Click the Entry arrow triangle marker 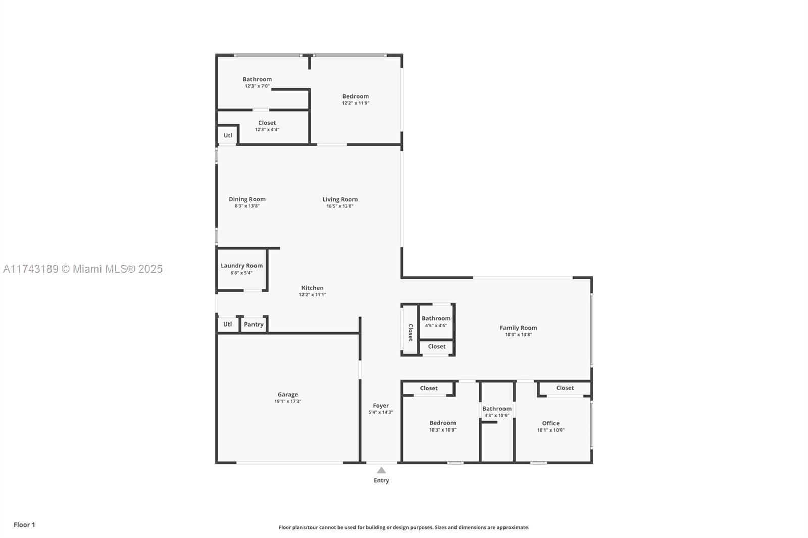381,470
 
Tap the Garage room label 288,395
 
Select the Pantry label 254,324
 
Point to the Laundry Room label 242,266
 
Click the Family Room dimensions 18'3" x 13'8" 518,334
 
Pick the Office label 551,423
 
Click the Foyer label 381,406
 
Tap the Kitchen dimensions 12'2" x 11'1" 313,295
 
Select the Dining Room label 247,199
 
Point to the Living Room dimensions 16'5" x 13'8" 340,206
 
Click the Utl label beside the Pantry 228,324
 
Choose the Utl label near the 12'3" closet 228,136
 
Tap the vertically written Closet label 410,332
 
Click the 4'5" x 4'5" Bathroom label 436,318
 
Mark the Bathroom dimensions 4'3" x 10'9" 497,415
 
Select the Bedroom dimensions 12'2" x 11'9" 356,103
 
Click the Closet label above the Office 565,388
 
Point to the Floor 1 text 25,525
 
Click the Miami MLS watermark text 83,268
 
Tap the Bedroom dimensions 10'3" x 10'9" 443,430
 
